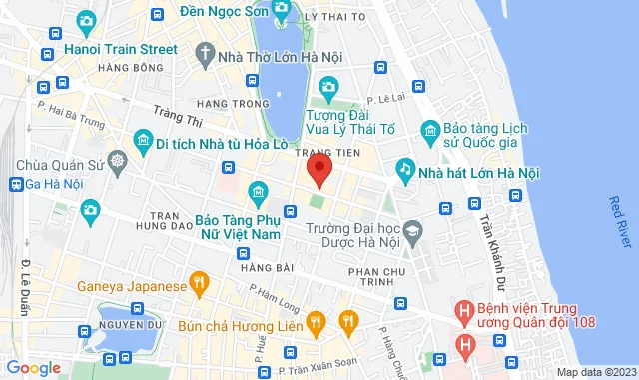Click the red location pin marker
[319, 170]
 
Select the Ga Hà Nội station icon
[17, 184]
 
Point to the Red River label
[620, 223]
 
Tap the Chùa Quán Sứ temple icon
[119, 160]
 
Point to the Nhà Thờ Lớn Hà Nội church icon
[205, 56]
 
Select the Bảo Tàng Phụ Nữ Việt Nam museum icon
[258, 191]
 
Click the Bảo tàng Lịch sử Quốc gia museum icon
[430, 129]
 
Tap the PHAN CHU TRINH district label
[379, 279]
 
